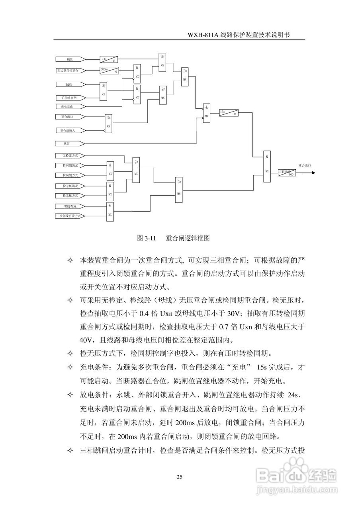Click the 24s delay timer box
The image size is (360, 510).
click(109, 59)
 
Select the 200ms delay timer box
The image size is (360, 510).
click(109, 71)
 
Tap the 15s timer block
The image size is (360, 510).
click(229, 113)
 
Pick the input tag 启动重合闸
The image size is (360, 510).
click(70, 98)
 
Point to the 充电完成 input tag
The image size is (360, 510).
click(70, 106)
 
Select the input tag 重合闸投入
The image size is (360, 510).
click(70, 130)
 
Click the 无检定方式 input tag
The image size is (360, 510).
click(70, 155)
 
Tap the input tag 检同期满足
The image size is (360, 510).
click(70, 165)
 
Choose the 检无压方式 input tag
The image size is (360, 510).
click(70, 196)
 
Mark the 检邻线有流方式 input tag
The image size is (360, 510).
click(70, 216)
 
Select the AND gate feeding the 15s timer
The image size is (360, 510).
click(206, 113)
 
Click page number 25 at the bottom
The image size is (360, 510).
click(180, 477)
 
